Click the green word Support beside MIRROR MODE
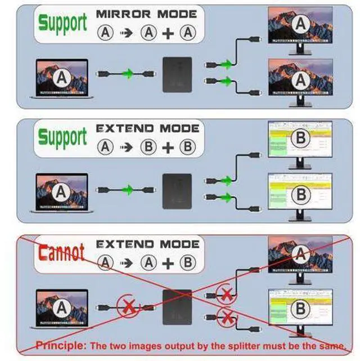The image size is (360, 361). point(62,23)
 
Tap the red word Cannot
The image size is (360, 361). point(61,252)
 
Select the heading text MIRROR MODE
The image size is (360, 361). point(146,14)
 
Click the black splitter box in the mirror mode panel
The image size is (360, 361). point(177,75)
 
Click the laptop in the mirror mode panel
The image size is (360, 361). point(62,79)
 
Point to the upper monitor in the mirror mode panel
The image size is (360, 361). point(300,30)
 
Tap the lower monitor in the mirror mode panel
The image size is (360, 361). point(300,83)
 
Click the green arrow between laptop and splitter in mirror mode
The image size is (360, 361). point(128,74)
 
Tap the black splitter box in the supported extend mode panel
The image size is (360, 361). point(177,191)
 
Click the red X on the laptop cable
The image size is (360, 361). point(128,306)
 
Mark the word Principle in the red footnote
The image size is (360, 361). point(60,345)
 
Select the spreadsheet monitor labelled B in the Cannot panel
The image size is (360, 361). point(300,313)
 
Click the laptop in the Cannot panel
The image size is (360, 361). point(62,309)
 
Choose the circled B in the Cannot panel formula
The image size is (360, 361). point(188,262)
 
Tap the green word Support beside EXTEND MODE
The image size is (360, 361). point(62,137)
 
